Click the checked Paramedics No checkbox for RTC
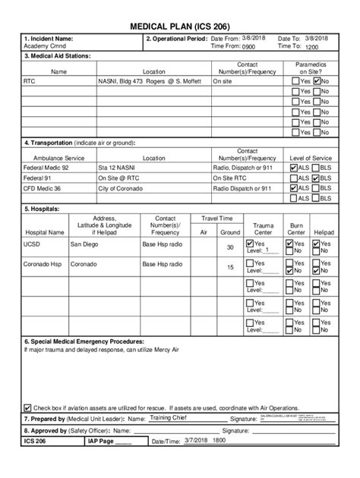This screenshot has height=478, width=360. pyautogui.click(x=317, y=80)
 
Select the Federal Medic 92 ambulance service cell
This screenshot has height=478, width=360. pyautogui.click(x=46, y=167)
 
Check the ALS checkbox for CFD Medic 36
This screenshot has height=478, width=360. pyautogui.click(x=294, y=187)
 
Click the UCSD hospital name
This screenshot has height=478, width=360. pyautogui.click(x=33, y=245)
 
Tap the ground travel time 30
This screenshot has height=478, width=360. pyautogui.click(x=230, y=247)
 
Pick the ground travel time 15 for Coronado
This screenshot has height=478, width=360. pyautogui.click(x=230, y=267)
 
